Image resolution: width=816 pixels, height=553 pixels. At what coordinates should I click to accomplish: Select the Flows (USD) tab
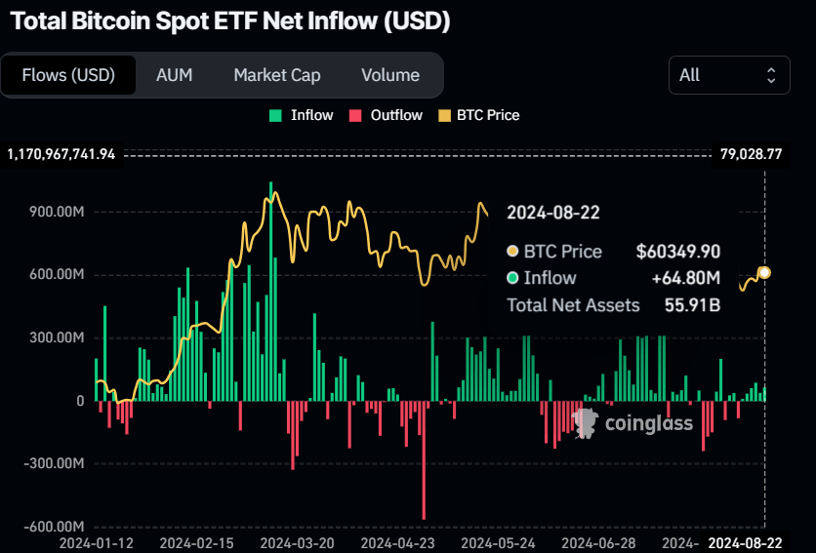click(x=68, y=75)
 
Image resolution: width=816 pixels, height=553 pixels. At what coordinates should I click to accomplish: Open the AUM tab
click(x=174, y=75)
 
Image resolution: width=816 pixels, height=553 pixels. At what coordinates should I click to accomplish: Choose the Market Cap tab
click(x=276, y=75)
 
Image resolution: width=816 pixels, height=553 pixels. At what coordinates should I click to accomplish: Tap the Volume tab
click(x=389, y=75)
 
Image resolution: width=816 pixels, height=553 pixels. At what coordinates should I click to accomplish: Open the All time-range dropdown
click(x=729, y=75)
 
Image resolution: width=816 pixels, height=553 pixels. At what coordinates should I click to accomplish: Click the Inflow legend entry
click(x=302, y=115)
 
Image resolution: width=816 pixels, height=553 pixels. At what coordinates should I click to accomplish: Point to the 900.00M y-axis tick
click(x=58, y=212)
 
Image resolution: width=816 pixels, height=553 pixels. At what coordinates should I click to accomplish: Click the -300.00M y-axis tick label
click(x=55, y=463)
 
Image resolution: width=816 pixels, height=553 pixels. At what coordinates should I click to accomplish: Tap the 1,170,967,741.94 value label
click(x=61, y=154)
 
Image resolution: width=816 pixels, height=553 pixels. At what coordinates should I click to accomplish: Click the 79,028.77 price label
click(x=751, y=154)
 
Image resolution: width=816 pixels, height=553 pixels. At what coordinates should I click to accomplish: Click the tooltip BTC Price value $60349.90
click(x=677, y=252)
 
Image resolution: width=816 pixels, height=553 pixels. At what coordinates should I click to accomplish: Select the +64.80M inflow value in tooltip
click(x=685, y=278)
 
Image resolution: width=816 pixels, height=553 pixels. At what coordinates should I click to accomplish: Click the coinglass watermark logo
click(x=633, y=422)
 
